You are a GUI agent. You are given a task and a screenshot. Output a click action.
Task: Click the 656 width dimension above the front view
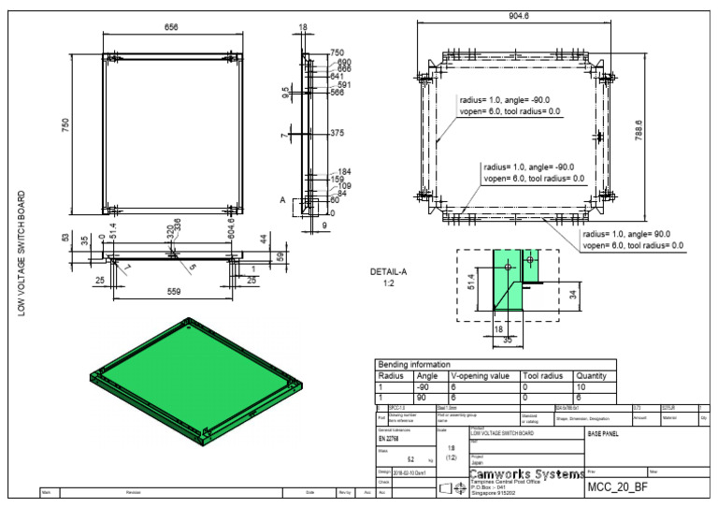[171, 28]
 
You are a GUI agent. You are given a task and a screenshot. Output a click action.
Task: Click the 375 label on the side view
[337, 134]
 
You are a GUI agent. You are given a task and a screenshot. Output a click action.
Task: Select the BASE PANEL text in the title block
[603, 435]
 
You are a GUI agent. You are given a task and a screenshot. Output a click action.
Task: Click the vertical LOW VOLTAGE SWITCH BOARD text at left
[22, 254]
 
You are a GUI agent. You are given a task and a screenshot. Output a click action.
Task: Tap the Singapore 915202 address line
[492, 493]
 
